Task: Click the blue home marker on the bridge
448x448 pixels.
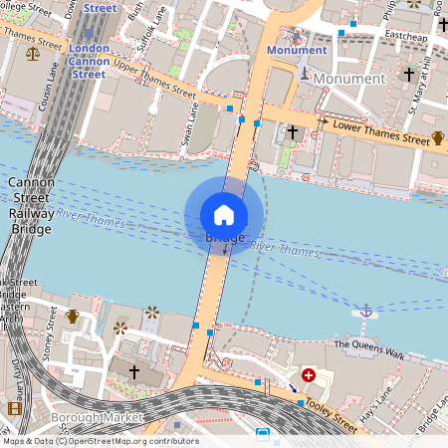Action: click(224, 214)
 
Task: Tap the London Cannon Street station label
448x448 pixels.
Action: click(90, 61)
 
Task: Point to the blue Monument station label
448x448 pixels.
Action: click(296, 50)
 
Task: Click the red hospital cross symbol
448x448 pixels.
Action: click(309, 375)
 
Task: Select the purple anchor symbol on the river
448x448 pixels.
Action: click(365, 312)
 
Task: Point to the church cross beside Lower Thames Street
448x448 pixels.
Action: click(292, 131)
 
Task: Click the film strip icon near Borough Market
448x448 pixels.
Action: click(14, 408)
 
